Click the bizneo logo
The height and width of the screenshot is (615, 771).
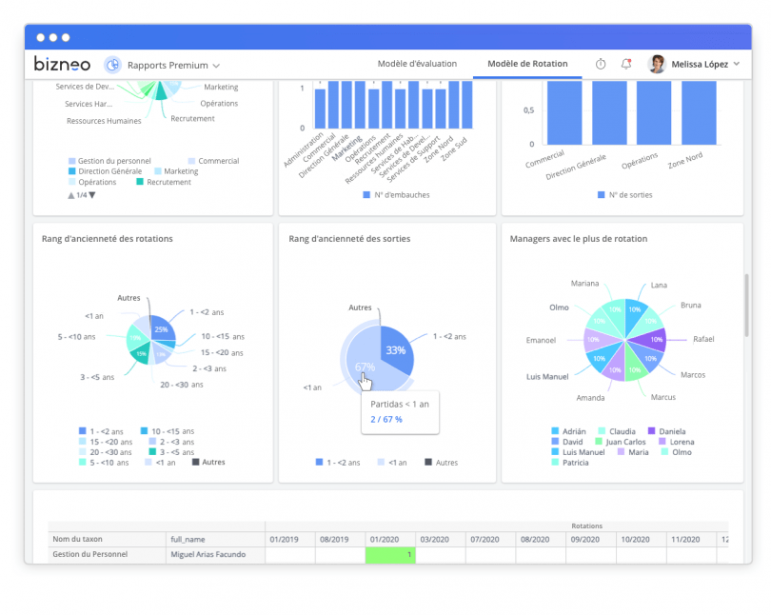click(x=63, y=65)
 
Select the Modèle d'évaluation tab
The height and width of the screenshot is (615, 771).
click(x=417, y=64)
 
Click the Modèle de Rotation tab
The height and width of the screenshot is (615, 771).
click(x=527, y=64)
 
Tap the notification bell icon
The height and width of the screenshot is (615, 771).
click(x=625, y=64)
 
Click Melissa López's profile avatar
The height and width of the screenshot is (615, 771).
click(x=657, y=64)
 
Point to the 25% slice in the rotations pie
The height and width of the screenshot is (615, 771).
click(x=161, y=328)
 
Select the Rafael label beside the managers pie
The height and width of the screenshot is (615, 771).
click(x=703, y=339)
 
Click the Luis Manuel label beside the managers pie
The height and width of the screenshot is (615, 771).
click(x=547, y=377)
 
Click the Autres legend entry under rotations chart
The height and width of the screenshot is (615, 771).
click(x=208, y=462)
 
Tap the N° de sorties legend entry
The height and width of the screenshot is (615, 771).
click(x=624, y=195)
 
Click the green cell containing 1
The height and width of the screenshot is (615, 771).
click(x=390, y=554)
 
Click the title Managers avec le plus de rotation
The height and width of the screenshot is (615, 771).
click(x=579, y=239)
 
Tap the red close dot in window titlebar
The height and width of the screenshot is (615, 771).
click(x=41, y=37)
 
